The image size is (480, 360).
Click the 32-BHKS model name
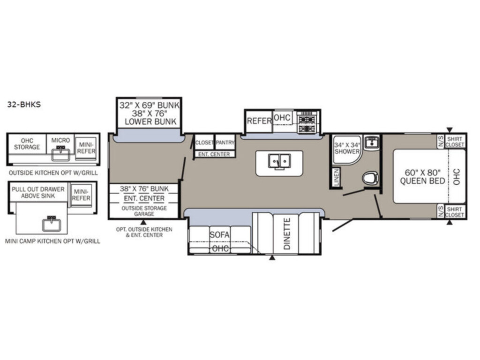(24, 105)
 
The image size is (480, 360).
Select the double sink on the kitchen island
(279, 161)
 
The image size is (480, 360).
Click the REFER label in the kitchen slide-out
(259, 121)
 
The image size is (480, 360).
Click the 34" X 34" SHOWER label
(347, 148)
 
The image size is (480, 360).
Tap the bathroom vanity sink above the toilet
(372, 142)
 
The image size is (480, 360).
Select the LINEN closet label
(337, 177)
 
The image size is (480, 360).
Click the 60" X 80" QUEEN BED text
(422, 177)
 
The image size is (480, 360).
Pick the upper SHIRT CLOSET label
(455, 142)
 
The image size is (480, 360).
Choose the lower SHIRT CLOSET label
(455, 212)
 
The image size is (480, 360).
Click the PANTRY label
(225, 142)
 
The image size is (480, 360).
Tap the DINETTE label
(287, 234)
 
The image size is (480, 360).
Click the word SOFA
(219, 235)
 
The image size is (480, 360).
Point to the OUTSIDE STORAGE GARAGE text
(144, 211)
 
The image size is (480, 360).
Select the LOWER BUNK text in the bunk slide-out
(150, 121)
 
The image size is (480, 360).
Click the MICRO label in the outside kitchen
(60, 140)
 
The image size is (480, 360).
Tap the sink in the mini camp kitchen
(52, 224)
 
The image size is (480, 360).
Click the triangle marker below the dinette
(272, 258)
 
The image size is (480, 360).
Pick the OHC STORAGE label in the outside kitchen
(27, 144)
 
